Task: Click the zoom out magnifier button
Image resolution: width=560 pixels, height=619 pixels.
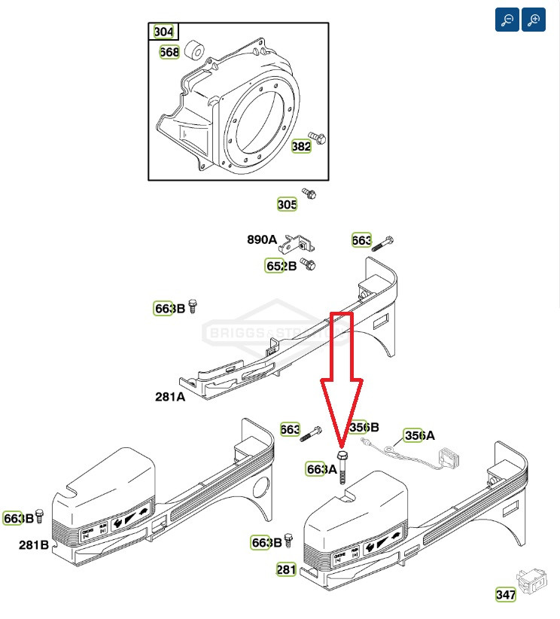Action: (x=507, y=20)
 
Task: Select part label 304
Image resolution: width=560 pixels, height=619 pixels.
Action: (x=163, y=32)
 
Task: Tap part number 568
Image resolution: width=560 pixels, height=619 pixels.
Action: (x=169, y=52)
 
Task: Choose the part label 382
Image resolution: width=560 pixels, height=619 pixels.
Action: (x=301, y=146)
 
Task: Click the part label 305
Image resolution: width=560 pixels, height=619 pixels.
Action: (x=287, y=204)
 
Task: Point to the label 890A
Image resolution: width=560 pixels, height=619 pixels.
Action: (x=262, y=240)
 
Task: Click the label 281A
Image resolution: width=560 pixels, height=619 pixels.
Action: (x=170, y=396)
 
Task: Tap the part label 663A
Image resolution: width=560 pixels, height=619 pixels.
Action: (x=321, y=469)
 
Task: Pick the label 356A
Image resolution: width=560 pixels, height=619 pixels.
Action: (x=419, y=435)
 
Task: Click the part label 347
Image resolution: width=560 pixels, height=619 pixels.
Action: (x=506, y=595)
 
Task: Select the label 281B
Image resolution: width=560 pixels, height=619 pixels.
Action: (x=34, y=544)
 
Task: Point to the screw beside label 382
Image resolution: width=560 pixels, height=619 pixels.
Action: (x=320, y=139)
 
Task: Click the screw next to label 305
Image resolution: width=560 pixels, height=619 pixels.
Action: (x=309, y=194)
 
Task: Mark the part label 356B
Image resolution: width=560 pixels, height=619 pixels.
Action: (x=364, y=427)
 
